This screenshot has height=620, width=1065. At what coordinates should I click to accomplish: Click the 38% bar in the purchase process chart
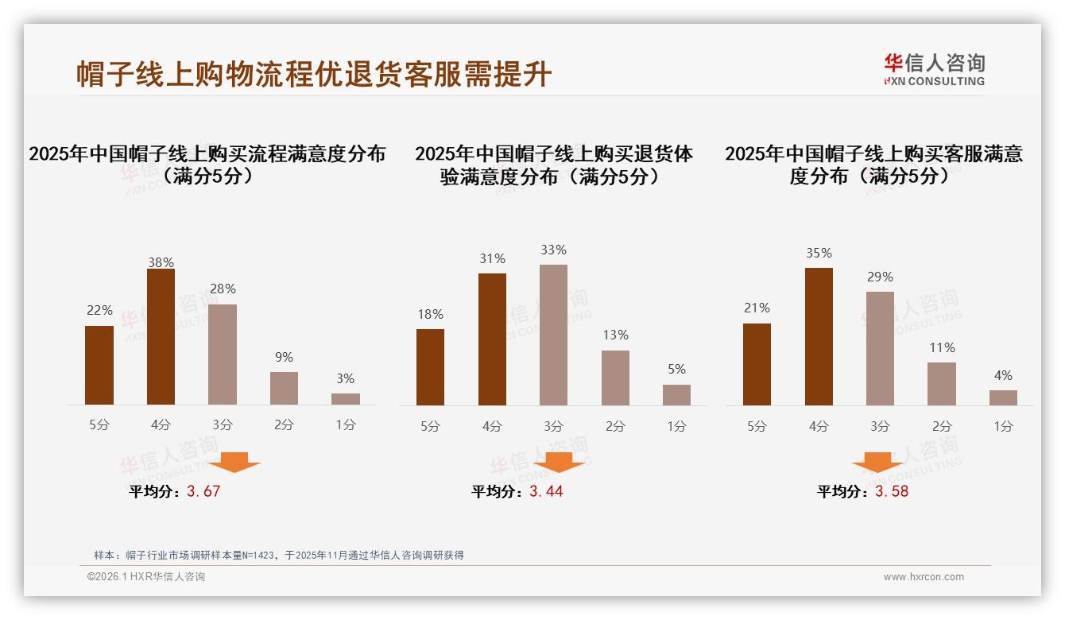(x=161, y=337)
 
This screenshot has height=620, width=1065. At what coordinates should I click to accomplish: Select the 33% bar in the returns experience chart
(x=553, y=335)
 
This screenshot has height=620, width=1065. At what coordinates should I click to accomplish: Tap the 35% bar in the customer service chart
(x=819, y=336)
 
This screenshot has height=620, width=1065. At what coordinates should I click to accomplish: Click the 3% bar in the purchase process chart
(x=346, y=399)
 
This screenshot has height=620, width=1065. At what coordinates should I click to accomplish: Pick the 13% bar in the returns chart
(x=615, y=378)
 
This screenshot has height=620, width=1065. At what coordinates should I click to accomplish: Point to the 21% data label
(x=757, y=308)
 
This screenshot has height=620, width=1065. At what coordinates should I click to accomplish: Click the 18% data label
(x=430, y=314)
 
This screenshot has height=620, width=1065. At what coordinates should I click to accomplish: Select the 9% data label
(x=284, y=358)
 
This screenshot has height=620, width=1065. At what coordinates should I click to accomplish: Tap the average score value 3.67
(x=203, y=491)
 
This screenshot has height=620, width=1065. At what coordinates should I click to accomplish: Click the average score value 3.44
(x=546, y=491)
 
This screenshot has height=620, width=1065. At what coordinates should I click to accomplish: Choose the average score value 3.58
(x=892, y=491)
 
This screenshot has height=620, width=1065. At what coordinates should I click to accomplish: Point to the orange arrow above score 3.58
(x=877, y=462)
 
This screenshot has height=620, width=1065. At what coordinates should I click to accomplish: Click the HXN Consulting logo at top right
(x=934, y=69)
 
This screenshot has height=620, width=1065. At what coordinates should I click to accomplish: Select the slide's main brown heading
(x=314, y=74)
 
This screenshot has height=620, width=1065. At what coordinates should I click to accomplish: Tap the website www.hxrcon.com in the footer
(x=924, y=577)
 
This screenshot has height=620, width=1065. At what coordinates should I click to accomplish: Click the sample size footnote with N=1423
(x=278, y=556)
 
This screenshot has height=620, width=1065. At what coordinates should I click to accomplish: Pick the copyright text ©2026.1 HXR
(x=146, y=577)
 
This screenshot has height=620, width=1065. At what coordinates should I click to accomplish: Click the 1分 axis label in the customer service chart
(x=1003, y=427)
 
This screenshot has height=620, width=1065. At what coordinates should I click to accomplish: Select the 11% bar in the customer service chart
(x=942, y=384)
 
